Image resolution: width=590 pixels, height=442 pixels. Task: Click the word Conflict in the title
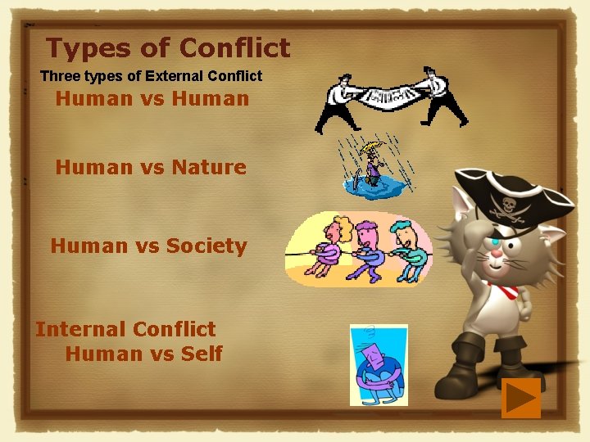234,48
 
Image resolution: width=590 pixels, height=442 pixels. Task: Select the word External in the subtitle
179,76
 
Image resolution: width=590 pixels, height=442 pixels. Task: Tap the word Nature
209,168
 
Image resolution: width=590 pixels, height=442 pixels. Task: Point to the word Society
206,246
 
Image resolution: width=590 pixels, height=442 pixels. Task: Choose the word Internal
79,329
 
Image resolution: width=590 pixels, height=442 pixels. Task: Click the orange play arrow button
520,398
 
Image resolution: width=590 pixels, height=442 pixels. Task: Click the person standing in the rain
374,165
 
